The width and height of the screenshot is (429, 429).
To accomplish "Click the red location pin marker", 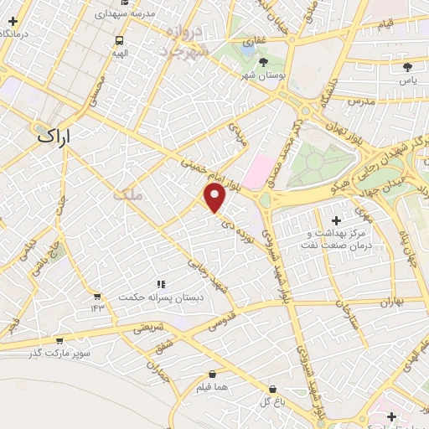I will click(215, 199).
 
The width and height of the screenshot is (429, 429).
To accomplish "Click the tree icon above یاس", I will click(408, 66).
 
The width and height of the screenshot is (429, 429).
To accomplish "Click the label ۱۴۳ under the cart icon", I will click(97, 308).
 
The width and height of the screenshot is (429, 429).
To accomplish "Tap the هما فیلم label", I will click(212, 387).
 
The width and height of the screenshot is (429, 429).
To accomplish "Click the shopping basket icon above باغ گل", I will click(273, 389).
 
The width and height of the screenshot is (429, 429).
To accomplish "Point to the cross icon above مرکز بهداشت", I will click(337, 220).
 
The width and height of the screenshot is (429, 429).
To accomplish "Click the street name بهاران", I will click(390, 302).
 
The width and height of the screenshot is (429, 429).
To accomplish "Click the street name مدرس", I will click(360, 101).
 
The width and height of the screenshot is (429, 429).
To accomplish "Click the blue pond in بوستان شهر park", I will click(248, 48).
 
